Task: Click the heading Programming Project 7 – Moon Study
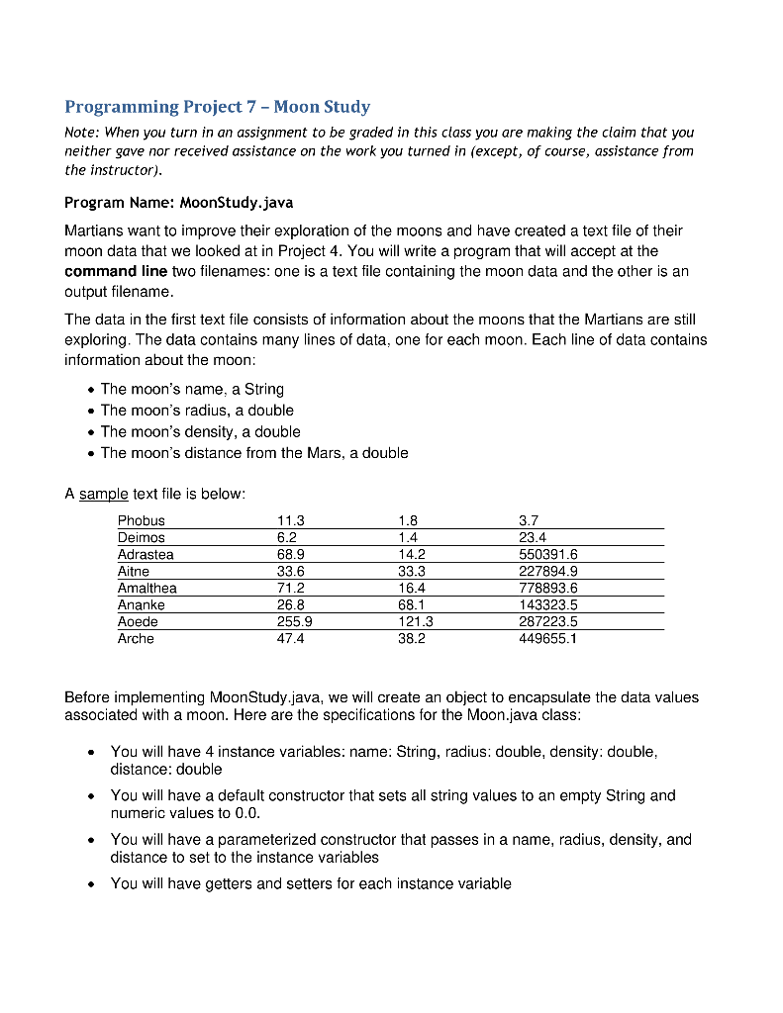[217, 106]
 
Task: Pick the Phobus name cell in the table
[142, 520]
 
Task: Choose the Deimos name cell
[142, 537]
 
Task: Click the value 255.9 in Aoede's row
[295, 621]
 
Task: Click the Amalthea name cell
[147, 588]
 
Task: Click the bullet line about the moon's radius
[197, 410]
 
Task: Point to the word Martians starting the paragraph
[94, 230]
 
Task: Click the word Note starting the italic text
[81, 133]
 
